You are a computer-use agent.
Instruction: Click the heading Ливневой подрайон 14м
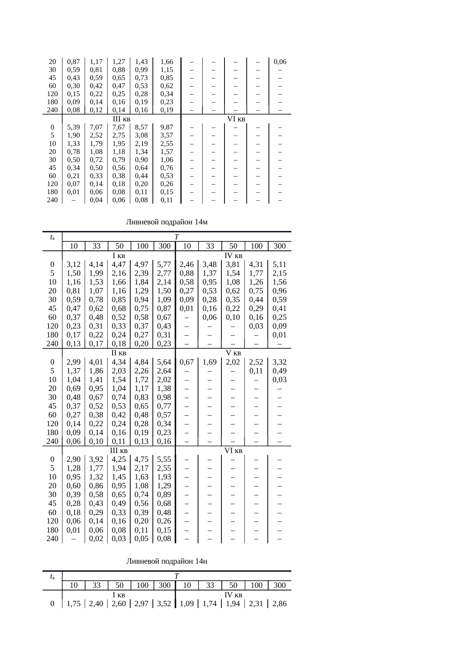pyautogui.click(x=167, y=222)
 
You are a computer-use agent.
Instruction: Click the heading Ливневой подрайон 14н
pyautogui.click(x=167, y=561)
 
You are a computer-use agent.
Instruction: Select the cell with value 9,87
pyautogui.click(x=167, y=127)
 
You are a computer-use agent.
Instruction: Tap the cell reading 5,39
pyautogui.click(x=73, y=127)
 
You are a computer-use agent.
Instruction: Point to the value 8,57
pyautogui.click(x=141, y=127)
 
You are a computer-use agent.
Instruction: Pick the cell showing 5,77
pyautogui.click(x=164, y=264)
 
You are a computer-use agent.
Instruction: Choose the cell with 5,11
pyautogui.click(x=280, y=264)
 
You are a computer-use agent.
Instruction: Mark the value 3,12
pyautogui.click(x=73, y=264)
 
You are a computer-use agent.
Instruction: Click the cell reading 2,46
pyautogui.click(x=187, y=264)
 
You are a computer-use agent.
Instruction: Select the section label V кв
pyautogui.click(x=233, y=353)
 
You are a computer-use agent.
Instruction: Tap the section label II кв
pyautogui.click(x=119, y=353)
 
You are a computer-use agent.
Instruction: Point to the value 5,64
pyautogui.click(x=164, y=362)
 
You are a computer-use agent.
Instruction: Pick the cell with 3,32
pyautogui.click(x=280, y=362)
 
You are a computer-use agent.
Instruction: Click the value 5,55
pyautogui.click(x=164, y=459)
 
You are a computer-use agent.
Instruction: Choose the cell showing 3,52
pyautogui.click(x=164, y=604)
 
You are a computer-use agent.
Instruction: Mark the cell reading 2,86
pyautogui.click(x=280, y=604)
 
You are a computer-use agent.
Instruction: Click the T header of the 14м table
pyautogui.click(x=177, y=237)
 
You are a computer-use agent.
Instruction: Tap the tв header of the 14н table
pyautogui.click(x=52, y=576)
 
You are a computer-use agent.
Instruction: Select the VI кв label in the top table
pyautogui.click(x=236, y=119)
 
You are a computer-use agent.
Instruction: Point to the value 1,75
pyautogui.click(x=73, y=604)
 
